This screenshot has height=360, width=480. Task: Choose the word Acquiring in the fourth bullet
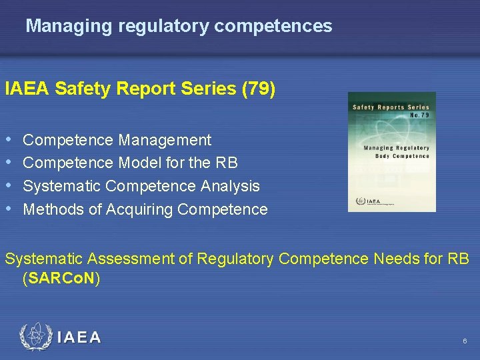click(x=140, y=209)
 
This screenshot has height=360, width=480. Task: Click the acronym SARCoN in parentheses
click(x=61, y=278)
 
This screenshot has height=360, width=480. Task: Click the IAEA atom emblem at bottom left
click(x=35, y=337)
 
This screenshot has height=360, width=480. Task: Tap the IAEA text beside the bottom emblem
click(x=79, y=337)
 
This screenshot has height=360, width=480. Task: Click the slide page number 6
click(x=465, y=341)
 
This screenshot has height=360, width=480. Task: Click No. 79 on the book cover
click(x=419, y=115)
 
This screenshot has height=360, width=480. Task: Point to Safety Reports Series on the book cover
click(x=391, y=107)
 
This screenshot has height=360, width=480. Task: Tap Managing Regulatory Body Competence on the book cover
click(x=396, y=151)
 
